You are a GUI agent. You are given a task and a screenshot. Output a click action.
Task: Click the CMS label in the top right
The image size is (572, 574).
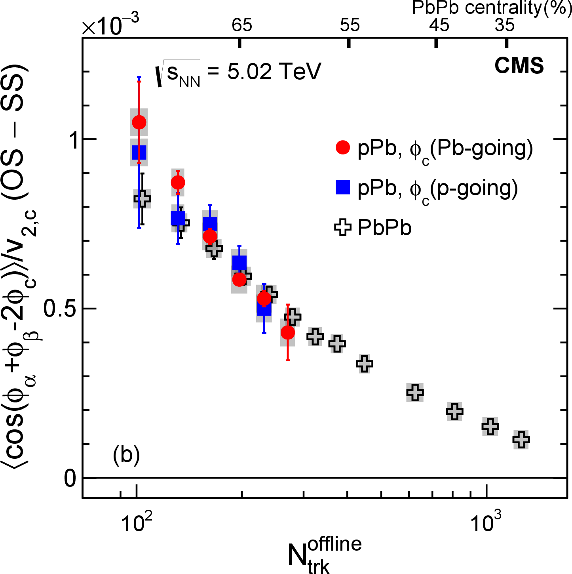click(519, 65)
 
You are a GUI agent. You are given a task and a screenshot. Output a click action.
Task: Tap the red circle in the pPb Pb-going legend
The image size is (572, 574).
click(343, 147)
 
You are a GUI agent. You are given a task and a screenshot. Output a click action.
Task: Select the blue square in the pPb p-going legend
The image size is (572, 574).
click(343, 187)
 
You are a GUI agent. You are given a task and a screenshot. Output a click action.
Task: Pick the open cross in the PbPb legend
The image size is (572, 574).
click(343, 228)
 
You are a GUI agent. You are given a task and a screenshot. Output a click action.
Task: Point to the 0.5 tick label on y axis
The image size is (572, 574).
click(60, 309)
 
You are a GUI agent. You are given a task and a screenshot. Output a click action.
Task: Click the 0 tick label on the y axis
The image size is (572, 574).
click(70, 479)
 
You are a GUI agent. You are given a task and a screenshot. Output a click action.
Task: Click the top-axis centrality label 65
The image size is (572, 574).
click(242, 25)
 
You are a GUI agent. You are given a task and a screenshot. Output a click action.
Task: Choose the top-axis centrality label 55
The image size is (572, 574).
click(350, 25)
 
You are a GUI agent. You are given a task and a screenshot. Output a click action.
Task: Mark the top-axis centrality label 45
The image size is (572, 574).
click(439, 25)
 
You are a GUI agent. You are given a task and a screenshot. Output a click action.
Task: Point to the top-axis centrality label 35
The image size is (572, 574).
click(505, 25)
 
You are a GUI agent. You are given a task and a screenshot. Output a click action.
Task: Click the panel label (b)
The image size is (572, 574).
click(126, 455)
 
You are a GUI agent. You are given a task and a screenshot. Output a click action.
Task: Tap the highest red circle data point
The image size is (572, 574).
click(139, 122)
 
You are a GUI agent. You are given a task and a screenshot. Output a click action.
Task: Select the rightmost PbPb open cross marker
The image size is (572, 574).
click(521, 439)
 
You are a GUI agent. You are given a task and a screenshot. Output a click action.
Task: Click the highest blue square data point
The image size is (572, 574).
click(139, 152)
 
